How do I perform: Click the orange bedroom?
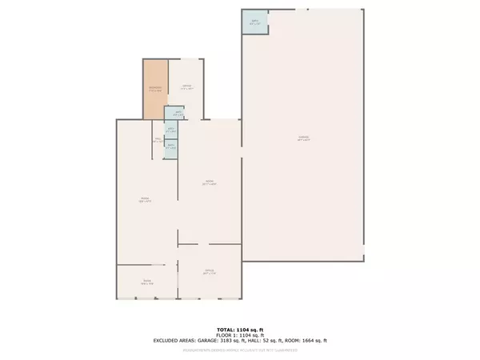pos(155,90)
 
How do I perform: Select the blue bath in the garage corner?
pos(255,22)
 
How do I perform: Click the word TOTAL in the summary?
pos(226,330)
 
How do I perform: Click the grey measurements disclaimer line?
pos(240,350)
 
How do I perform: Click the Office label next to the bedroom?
pos(185,86)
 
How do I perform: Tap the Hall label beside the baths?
pos(158,140)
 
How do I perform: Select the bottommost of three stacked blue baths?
pos(170,147)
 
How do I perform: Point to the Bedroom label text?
pos(155,87)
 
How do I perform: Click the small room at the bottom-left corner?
pos(147,282)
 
